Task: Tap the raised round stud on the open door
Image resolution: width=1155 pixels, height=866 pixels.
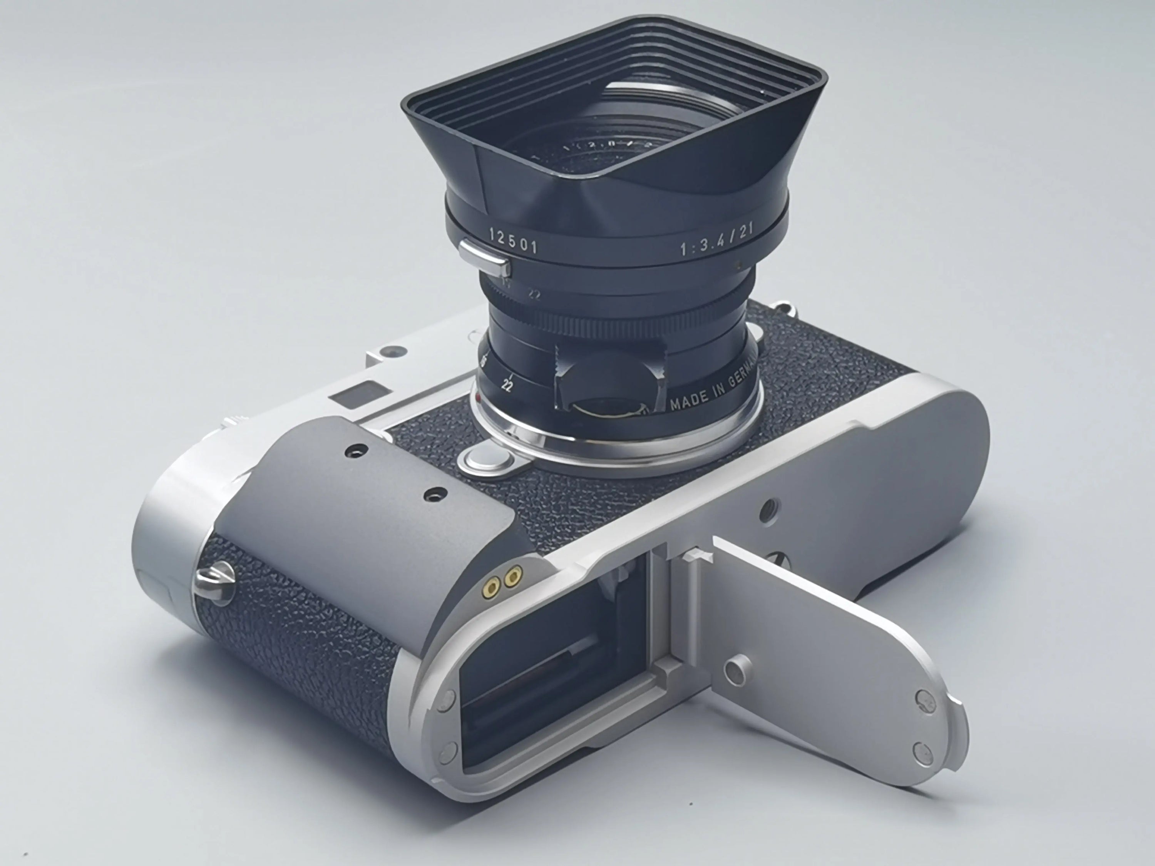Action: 737,668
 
